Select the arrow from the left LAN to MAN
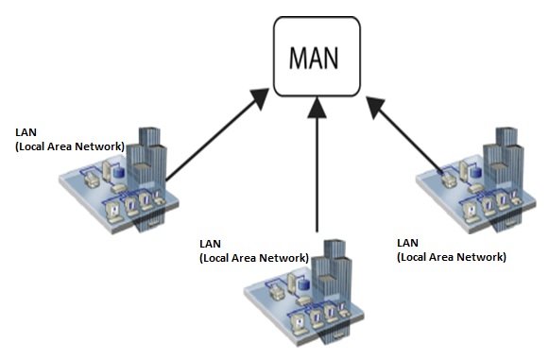coord(213,138)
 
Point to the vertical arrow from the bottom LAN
coord(317,170)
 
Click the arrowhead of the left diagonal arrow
coord(257,96)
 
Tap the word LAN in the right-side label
coord(408,243)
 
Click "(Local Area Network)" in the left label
coord(69,147)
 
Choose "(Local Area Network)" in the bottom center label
coord(253,257)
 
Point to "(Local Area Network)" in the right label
coord(451,256)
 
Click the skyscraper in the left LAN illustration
coord(148,156)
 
